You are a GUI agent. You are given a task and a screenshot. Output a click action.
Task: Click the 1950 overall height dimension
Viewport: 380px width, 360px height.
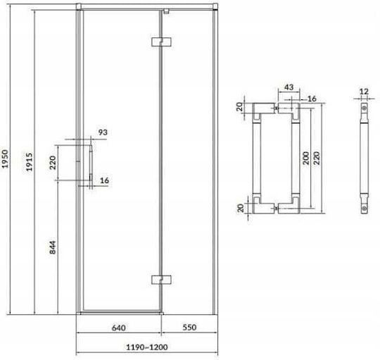tap(5, 159)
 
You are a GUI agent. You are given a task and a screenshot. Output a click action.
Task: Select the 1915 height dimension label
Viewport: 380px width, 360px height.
tap(29, 162)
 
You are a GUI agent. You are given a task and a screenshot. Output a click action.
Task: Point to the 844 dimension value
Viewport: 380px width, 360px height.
tap(53, 247)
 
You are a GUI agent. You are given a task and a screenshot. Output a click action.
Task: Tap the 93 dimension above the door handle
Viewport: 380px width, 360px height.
tap(103, 132)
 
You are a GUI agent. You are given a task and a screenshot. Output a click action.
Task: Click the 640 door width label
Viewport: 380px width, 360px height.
tap(119, 328)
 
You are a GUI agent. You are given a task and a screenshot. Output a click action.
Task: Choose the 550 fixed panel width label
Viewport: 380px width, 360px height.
tap(189, 328)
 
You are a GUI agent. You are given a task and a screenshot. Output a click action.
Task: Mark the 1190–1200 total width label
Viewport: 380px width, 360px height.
tap(147, 347)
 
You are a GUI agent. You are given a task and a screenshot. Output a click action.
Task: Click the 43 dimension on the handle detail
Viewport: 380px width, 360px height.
tap(289, 87)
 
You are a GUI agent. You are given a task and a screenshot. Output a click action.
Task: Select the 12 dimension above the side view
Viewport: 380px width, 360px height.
tap(364, 92)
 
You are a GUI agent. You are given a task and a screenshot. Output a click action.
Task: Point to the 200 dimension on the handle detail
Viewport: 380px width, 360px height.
tap(306, 159)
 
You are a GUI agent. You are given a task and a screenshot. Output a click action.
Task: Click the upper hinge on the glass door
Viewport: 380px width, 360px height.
tap(161, 42)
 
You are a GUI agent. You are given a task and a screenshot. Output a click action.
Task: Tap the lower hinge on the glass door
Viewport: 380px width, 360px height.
tap(161, 280)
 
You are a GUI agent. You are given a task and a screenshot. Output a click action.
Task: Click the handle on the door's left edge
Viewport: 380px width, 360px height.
tap(91, 163)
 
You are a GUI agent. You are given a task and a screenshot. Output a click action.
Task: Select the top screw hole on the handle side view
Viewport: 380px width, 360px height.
tap(364, 108)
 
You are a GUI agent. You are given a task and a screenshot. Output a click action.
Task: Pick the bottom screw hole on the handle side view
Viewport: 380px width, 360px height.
tap(364, 208)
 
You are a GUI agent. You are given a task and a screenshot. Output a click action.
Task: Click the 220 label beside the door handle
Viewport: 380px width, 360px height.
tap(53, 163)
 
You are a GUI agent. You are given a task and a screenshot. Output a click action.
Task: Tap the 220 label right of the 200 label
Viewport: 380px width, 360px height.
tap(317, 159)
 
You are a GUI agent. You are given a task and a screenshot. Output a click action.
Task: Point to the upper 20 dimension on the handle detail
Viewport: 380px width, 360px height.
tap(240, 107)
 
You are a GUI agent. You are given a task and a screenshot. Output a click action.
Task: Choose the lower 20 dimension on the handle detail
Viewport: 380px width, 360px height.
tap(240, 208)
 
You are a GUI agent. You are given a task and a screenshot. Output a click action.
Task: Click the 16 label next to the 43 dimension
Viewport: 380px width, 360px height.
tap(312, 99)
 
